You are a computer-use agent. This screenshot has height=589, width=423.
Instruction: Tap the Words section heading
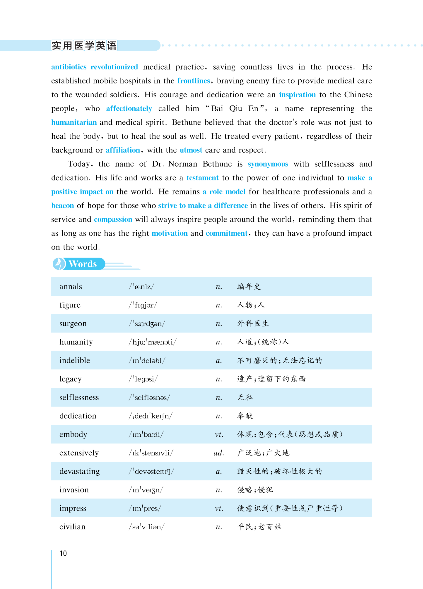pos(83,264)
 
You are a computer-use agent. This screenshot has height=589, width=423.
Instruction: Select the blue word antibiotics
pos(69,67)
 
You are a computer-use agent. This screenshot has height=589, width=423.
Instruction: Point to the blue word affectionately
pos(129,109)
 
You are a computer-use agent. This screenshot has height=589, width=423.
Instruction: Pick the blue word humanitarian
pos(74,122)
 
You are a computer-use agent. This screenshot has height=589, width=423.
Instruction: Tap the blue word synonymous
pos(268,164)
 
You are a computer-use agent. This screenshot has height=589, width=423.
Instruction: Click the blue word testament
pos(202,178)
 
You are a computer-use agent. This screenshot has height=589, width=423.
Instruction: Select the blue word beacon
pos(62,205)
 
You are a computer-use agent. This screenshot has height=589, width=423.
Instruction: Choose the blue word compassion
pos(113,219)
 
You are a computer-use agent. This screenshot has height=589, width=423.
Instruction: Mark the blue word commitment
pos(226,233)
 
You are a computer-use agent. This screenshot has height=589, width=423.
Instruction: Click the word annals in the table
pos(70,287)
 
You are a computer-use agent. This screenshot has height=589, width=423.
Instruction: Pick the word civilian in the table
pos(72,527)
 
